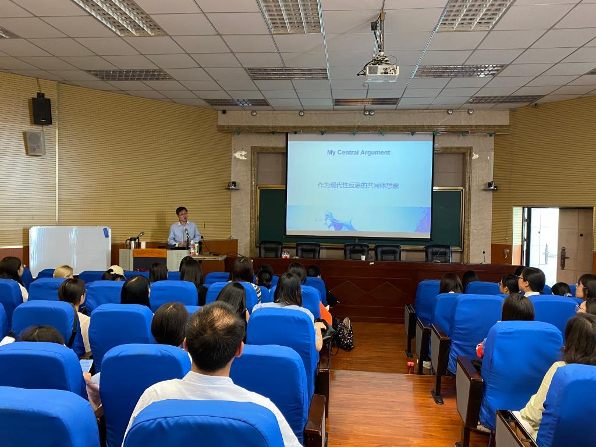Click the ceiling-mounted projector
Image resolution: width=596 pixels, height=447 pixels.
[x=382, y=73]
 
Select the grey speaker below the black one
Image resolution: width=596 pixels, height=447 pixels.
[x=36, y=143]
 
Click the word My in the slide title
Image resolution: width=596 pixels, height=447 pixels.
[x=331, y=152]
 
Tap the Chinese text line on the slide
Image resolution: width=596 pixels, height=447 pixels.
[x=358, y=186]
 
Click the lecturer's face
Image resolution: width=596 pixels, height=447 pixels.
[x=182, y=215]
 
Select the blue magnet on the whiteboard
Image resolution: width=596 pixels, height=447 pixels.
[x=106, y=232]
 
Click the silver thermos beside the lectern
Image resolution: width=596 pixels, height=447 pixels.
[x=132, y=243]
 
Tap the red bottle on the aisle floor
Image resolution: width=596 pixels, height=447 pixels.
[x=410, y=367]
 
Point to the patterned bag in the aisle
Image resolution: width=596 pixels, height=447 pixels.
[x=344, y=334]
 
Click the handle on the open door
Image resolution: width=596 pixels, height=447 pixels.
[x=563, y=258]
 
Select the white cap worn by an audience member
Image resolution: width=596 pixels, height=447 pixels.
[x=116, y=271]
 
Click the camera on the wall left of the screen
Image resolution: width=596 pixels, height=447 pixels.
[x=232, y=185]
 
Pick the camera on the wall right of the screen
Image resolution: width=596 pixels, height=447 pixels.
[x=491, y=186]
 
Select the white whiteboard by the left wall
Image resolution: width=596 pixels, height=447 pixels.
[x=70, y=250]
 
